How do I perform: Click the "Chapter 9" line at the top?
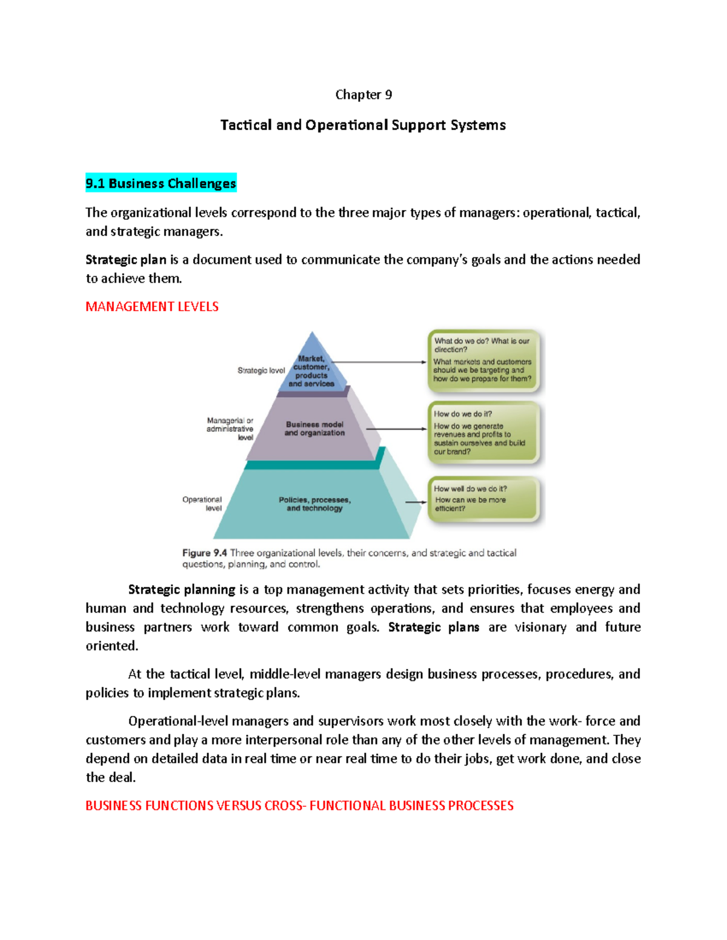[x=363, y=95]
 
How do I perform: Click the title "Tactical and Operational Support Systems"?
[x=363, y=125]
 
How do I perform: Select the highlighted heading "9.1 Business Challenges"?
[x=161, y=183]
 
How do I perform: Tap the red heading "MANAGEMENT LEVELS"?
[x=152, y=307]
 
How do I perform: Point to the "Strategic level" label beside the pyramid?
[x=261, y=370]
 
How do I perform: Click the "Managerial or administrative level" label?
[x=230, y=429]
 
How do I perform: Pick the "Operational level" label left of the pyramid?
[x=202, y=504]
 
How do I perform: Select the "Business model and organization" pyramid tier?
[x=314, y=429]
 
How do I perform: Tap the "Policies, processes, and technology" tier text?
[x=314, y=504]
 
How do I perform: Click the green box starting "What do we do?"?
[x=483, y=361]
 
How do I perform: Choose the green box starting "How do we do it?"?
[x=483, y=432]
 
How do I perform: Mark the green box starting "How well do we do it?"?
[x=483, y=499]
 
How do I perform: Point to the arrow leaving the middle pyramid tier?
[x=397, y=429]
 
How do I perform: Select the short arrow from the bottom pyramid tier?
[x=416, y=502]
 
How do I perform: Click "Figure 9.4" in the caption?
[x=205, y=553]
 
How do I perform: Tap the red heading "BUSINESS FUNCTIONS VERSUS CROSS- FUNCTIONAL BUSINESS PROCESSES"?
[x=299, y=806]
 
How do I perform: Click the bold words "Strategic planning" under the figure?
[x=182, y=590]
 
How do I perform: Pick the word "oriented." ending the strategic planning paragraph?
[x=112, y=646]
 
